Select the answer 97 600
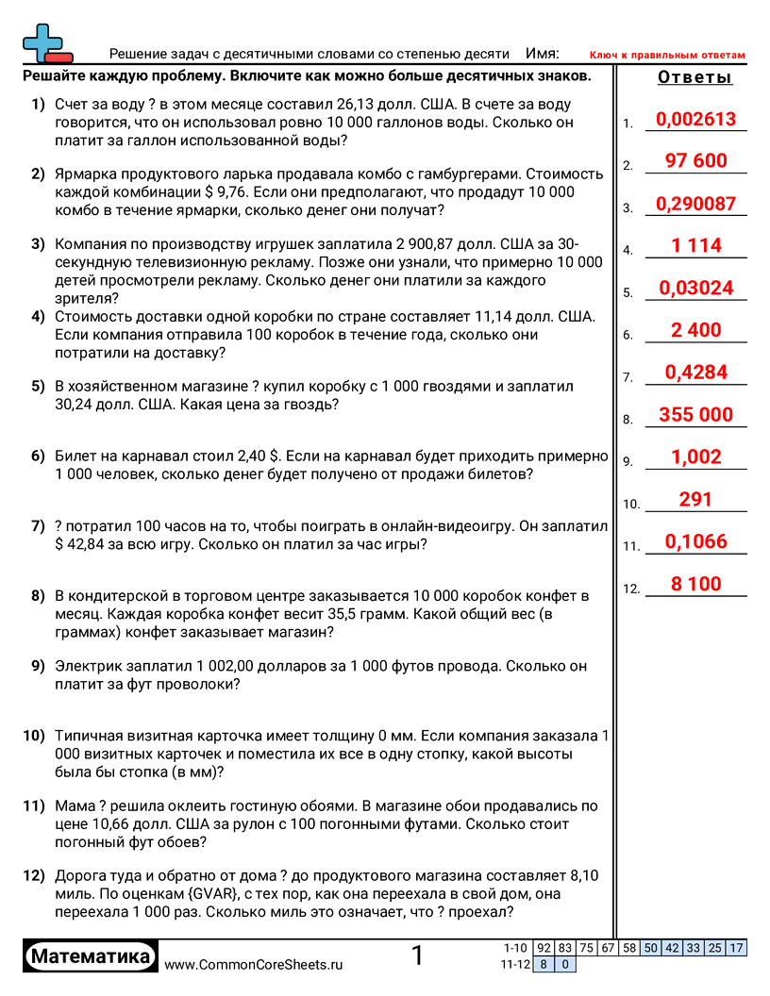coord(695,161)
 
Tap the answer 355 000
coord(695,415)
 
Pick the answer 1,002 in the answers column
coord(695,457)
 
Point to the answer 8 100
coord(695,584)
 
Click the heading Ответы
coord(695,78)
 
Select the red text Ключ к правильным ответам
coord(667,56)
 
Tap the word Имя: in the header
coord(542,54)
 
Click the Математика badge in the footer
coord(91,957)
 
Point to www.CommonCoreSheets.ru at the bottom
coord(253,965)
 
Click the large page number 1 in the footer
coord(418,956)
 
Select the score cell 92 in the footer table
coord(544,948)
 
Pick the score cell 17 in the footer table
coord(736,948)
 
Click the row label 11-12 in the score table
coord(515,964)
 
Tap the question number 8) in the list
coord(38,596)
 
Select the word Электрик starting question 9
coord(87,666)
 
